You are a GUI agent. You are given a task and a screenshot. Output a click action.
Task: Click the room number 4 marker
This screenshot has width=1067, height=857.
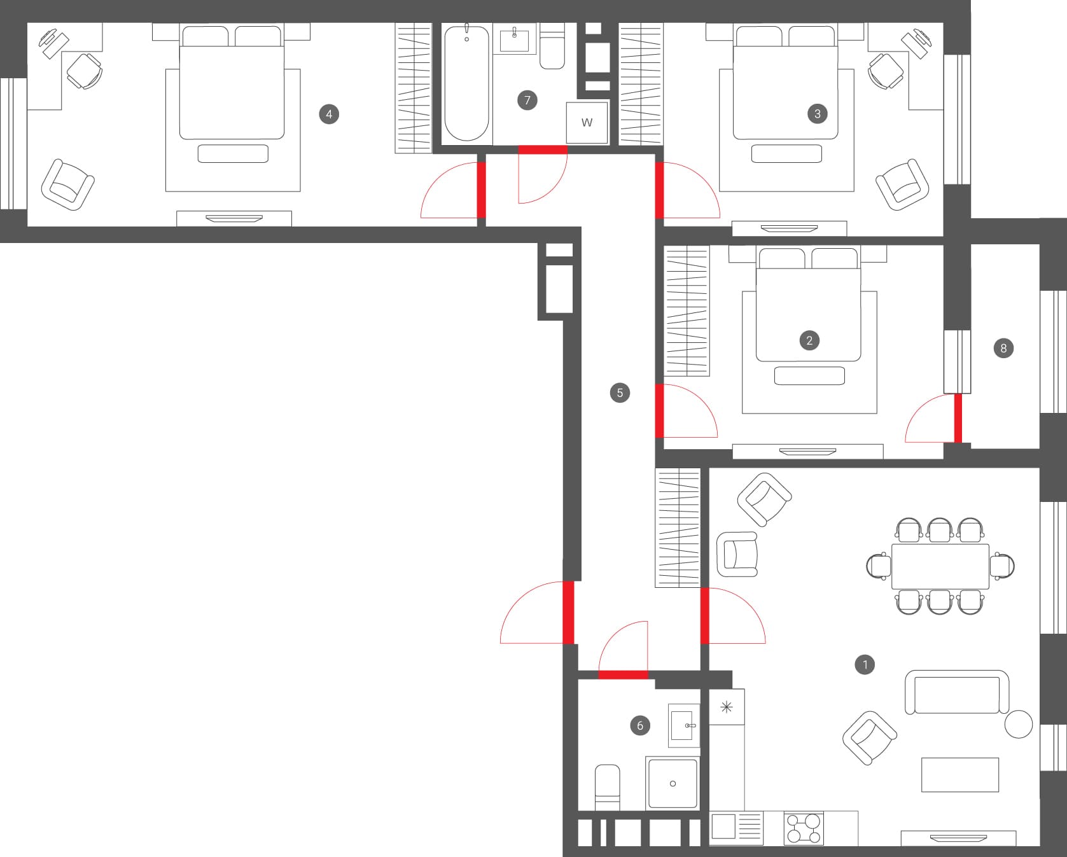pos(329,115)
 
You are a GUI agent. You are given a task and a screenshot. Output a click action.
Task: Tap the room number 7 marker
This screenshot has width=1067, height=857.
pos(527,100)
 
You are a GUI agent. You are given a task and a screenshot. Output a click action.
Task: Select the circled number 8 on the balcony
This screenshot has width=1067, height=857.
pos(1003,348)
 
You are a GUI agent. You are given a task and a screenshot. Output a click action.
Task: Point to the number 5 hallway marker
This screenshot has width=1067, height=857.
pos(620,393)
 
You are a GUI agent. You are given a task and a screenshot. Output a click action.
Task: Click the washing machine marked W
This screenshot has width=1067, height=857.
pos(587,122)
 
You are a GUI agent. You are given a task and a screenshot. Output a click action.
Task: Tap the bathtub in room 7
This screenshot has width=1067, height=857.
pos(467,83)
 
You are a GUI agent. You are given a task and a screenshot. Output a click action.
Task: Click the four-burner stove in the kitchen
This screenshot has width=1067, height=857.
pos(804,828)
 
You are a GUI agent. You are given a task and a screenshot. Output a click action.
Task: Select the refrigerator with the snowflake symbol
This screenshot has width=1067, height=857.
pos(727,707)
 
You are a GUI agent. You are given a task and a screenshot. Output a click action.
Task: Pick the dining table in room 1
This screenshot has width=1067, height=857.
pos(940,566)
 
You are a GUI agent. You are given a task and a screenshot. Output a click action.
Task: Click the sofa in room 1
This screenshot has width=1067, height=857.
pos(957,692)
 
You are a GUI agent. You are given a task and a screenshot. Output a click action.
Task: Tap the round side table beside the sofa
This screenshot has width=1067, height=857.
pos(1018,724)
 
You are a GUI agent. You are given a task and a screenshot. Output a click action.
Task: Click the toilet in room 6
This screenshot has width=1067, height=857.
pos(607,788)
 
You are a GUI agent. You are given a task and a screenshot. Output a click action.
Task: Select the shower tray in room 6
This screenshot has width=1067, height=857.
pos(673,783)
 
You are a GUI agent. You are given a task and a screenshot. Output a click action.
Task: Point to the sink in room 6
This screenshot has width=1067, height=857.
pos(683,725)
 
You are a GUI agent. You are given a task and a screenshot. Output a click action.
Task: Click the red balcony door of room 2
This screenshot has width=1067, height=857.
pos(958,418)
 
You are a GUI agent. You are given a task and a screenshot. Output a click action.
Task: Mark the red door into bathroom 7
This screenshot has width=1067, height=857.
pos(543,150)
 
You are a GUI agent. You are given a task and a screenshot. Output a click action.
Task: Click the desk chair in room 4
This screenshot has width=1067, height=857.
pos(84,71)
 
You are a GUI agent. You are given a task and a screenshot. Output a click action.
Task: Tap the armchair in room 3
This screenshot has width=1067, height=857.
pos(902,185)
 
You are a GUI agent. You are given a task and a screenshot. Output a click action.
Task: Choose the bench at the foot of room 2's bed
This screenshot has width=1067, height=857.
pos(809,375)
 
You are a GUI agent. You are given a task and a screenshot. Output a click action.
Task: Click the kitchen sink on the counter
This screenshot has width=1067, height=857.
pos(736,828)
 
